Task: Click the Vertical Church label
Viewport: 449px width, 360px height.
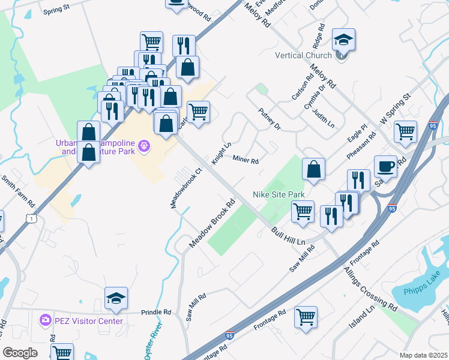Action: click(x=303, y=56)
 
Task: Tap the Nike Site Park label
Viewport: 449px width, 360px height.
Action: click(x=279, y=194)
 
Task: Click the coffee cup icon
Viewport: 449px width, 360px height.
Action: click(x=385, y=166)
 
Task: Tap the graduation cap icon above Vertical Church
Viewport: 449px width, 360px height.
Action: click(x=343, y=40)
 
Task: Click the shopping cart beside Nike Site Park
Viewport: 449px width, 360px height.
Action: click(x=303, y=211)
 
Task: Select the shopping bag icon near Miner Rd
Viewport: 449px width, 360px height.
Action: click(x=313, y=169)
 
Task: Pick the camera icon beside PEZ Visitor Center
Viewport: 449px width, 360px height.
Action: click(x=45, y=321)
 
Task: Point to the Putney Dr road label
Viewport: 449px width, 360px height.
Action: click(x=270, y=118)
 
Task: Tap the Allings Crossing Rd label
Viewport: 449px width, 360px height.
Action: click(x=370, y=289)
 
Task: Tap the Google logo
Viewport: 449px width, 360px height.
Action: click(x=20, y=352)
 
